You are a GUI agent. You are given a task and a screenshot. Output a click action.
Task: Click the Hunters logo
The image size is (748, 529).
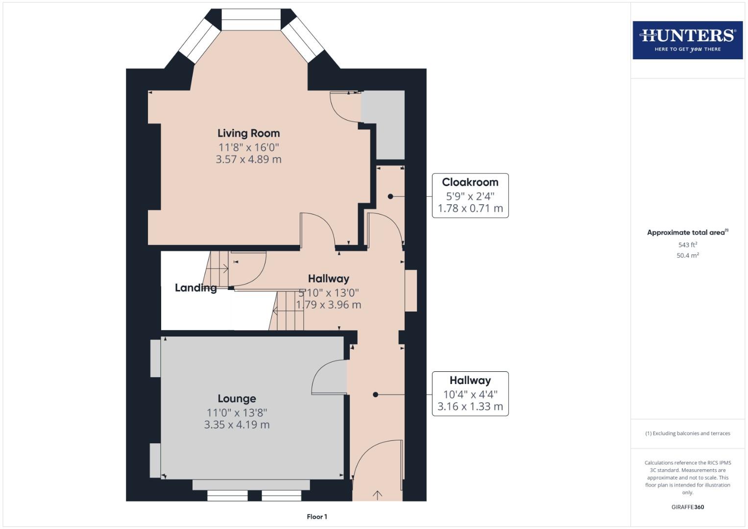pyautogui.click(x=687, y=40)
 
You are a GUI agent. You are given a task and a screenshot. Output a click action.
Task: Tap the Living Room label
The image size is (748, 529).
pyautogui.click(x=248, y=133)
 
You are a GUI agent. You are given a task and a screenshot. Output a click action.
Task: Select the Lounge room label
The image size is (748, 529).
pyautogui.click(x=237, y=399)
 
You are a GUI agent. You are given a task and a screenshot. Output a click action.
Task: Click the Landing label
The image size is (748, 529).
pyautogui.click(x=195, y=288)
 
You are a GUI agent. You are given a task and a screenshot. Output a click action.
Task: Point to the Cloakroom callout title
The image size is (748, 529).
pyautogui.click(x=470, y=182)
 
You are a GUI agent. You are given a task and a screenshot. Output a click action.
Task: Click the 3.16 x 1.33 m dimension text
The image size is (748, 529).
pyautogui.click(x=470, y=407)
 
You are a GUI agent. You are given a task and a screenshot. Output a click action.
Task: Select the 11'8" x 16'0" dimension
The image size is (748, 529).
pyautogui.click(x=248, y=147)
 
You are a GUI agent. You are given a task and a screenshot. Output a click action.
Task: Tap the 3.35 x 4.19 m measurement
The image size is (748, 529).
pyautogui.click(x=237, y=425)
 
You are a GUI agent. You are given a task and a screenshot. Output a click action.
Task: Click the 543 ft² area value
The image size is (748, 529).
pyautogui.click(x=687, y=244)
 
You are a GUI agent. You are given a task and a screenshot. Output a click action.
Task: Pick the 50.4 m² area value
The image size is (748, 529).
pyautogui.click(x=687, y=255)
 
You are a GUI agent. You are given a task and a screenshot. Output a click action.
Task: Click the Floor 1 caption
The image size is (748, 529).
pyautogui.click(x=317, y=517)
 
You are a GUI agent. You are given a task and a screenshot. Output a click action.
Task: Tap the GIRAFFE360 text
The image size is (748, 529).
pyautogui.click(x=687, y=507)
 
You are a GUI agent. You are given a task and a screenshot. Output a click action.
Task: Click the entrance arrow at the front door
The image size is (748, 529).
pyautogui.click(x=377, y=495)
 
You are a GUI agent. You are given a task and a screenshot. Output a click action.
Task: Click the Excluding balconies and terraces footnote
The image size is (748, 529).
pyautogui.click(x=687, y=433)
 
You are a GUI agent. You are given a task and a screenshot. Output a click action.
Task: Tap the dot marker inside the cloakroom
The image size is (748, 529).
pyautogui.click(x=390, y=196)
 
